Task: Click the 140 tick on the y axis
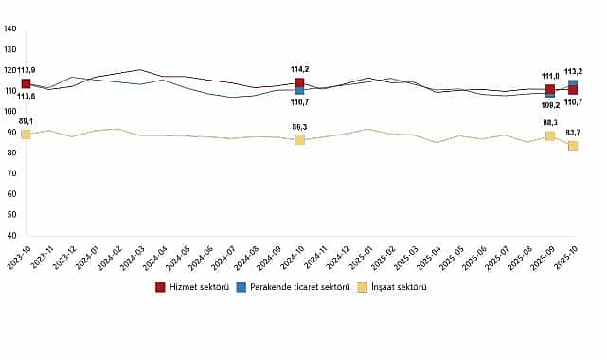tap(10, 28)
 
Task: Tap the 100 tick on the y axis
tap(10, 112)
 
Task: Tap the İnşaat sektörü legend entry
tap(394, 286)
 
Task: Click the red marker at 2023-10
tap(26, 84)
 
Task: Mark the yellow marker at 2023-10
tap(26, 135)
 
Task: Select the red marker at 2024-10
tap(299, 83)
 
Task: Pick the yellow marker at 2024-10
tap(299, 140)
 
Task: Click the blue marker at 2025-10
tap(573, 85)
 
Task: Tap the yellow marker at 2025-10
tap(573, 146)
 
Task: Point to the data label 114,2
tap(300, 69)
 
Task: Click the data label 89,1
tap(26, 122)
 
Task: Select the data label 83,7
tap(573, 132)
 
